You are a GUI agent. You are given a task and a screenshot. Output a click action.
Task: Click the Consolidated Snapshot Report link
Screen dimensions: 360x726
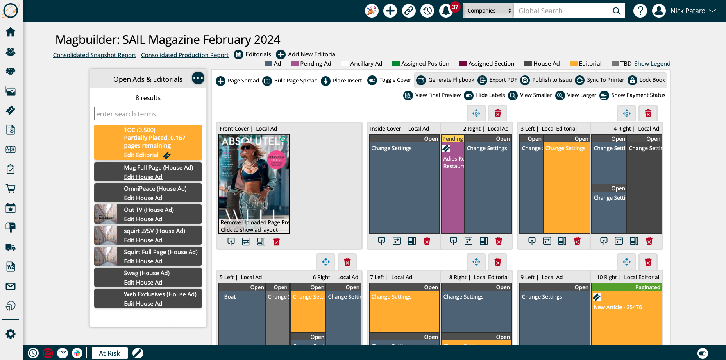point(95,55)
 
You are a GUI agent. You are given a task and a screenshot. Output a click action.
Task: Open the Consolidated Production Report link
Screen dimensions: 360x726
point(184,55)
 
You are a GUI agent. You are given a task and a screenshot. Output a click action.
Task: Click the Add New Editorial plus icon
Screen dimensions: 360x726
point(281,54)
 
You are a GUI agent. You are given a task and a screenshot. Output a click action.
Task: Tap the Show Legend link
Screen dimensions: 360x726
point(652,64)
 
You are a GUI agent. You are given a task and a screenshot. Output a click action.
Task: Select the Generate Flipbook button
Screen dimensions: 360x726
point(445,80)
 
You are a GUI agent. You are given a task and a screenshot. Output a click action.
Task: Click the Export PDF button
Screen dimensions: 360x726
point(498,80)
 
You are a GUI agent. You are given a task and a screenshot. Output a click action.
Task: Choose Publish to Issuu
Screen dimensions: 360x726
point(546,80)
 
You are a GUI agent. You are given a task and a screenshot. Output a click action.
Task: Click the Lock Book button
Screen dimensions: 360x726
point(647,80)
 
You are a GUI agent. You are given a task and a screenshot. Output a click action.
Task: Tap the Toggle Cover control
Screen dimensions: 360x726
point(390,80)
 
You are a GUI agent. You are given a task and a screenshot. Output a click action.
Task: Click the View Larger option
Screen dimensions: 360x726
point(576,95)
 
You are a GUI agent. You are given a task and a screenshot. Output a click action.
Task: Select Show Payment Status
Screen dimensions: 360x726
point(633,95)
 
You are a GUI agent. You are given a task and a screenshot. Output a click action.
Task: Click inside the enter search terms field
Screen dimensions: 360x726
point(148,114)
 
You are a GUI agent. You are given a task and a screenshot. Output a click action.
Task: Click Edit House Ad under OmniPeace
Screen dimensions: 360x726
point(143,198)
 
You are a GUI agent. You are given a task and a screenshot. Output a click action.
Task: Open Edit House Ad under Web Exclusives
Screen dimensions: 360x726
point(143,304)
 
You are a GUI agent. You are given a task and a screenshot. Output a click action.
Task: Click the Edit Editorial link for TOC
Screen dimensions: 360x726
point(141,155)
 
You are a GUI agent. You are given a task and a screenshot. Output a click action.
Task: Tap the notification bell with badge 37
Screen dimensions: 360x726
point(446,11)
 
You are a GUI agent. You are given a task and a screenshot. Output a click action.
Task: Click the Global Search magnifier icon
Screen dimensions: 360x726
point(616,11)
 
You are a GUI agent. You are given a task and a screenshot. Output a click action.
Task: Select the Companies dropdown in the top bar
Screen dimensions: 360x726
point(488,11)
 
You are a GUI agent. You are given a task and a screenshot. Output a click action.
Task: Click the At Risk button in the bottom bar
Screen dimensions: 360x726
point(109,353)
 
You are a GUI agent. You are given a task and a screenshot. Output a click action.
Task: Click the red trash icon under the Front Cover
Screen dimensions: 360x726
point(276,242)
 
